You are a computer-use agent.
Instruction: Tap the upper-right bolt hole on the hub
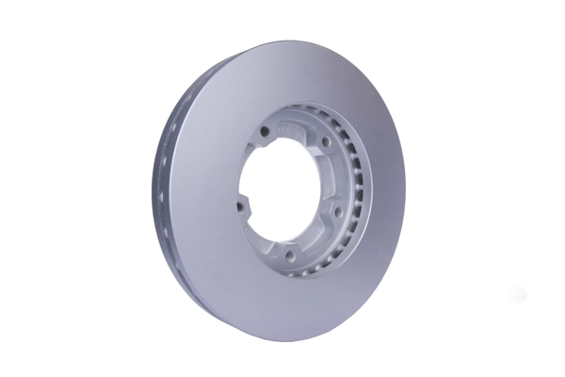point(325,142)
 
